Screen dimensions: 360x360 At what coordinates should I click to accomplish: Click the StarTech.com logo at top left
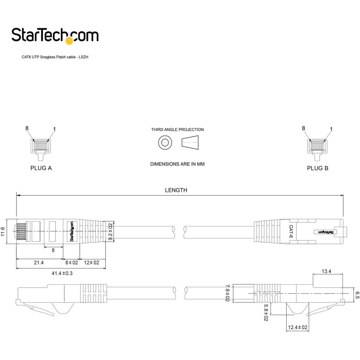55,35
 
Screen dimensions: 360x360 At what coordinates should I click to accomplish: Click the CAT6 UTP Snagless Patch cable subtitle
55,57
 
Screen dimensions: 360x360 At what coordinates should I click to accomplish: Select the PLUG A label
41,168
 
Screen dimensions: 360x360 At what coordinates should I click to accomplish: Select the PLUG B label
318,168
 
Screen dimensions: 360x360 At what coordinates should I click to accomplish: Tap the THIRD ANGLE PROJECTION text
177,130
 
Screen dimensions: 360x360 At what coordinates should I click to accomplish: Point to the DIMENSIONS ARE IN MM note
177,164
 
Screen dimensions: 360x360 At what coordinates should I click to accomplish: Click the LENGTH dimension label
176,190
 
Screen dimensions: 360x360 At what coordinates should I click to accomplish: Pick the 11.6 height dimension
3,231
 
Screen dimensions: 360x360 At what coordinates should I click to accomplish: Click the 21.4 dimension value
39,262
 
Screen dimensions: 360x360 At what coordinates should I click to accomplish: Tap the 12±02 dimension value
92,262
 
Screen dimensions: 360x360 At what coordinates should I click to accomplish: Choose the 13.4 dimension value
326,271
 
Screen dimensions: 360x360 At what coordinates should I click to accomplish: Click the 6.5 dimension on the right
357,295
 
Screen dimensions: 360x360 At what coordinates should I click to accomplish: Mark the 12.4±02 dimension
298,328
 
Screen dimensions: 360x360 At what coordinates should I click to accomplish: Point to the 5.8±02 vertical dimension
265,312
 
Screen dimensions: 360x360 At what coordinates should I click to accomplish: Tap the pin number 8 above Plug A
27,128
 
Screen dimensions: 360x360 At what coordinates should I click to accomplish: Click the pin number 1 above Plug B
331,129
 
